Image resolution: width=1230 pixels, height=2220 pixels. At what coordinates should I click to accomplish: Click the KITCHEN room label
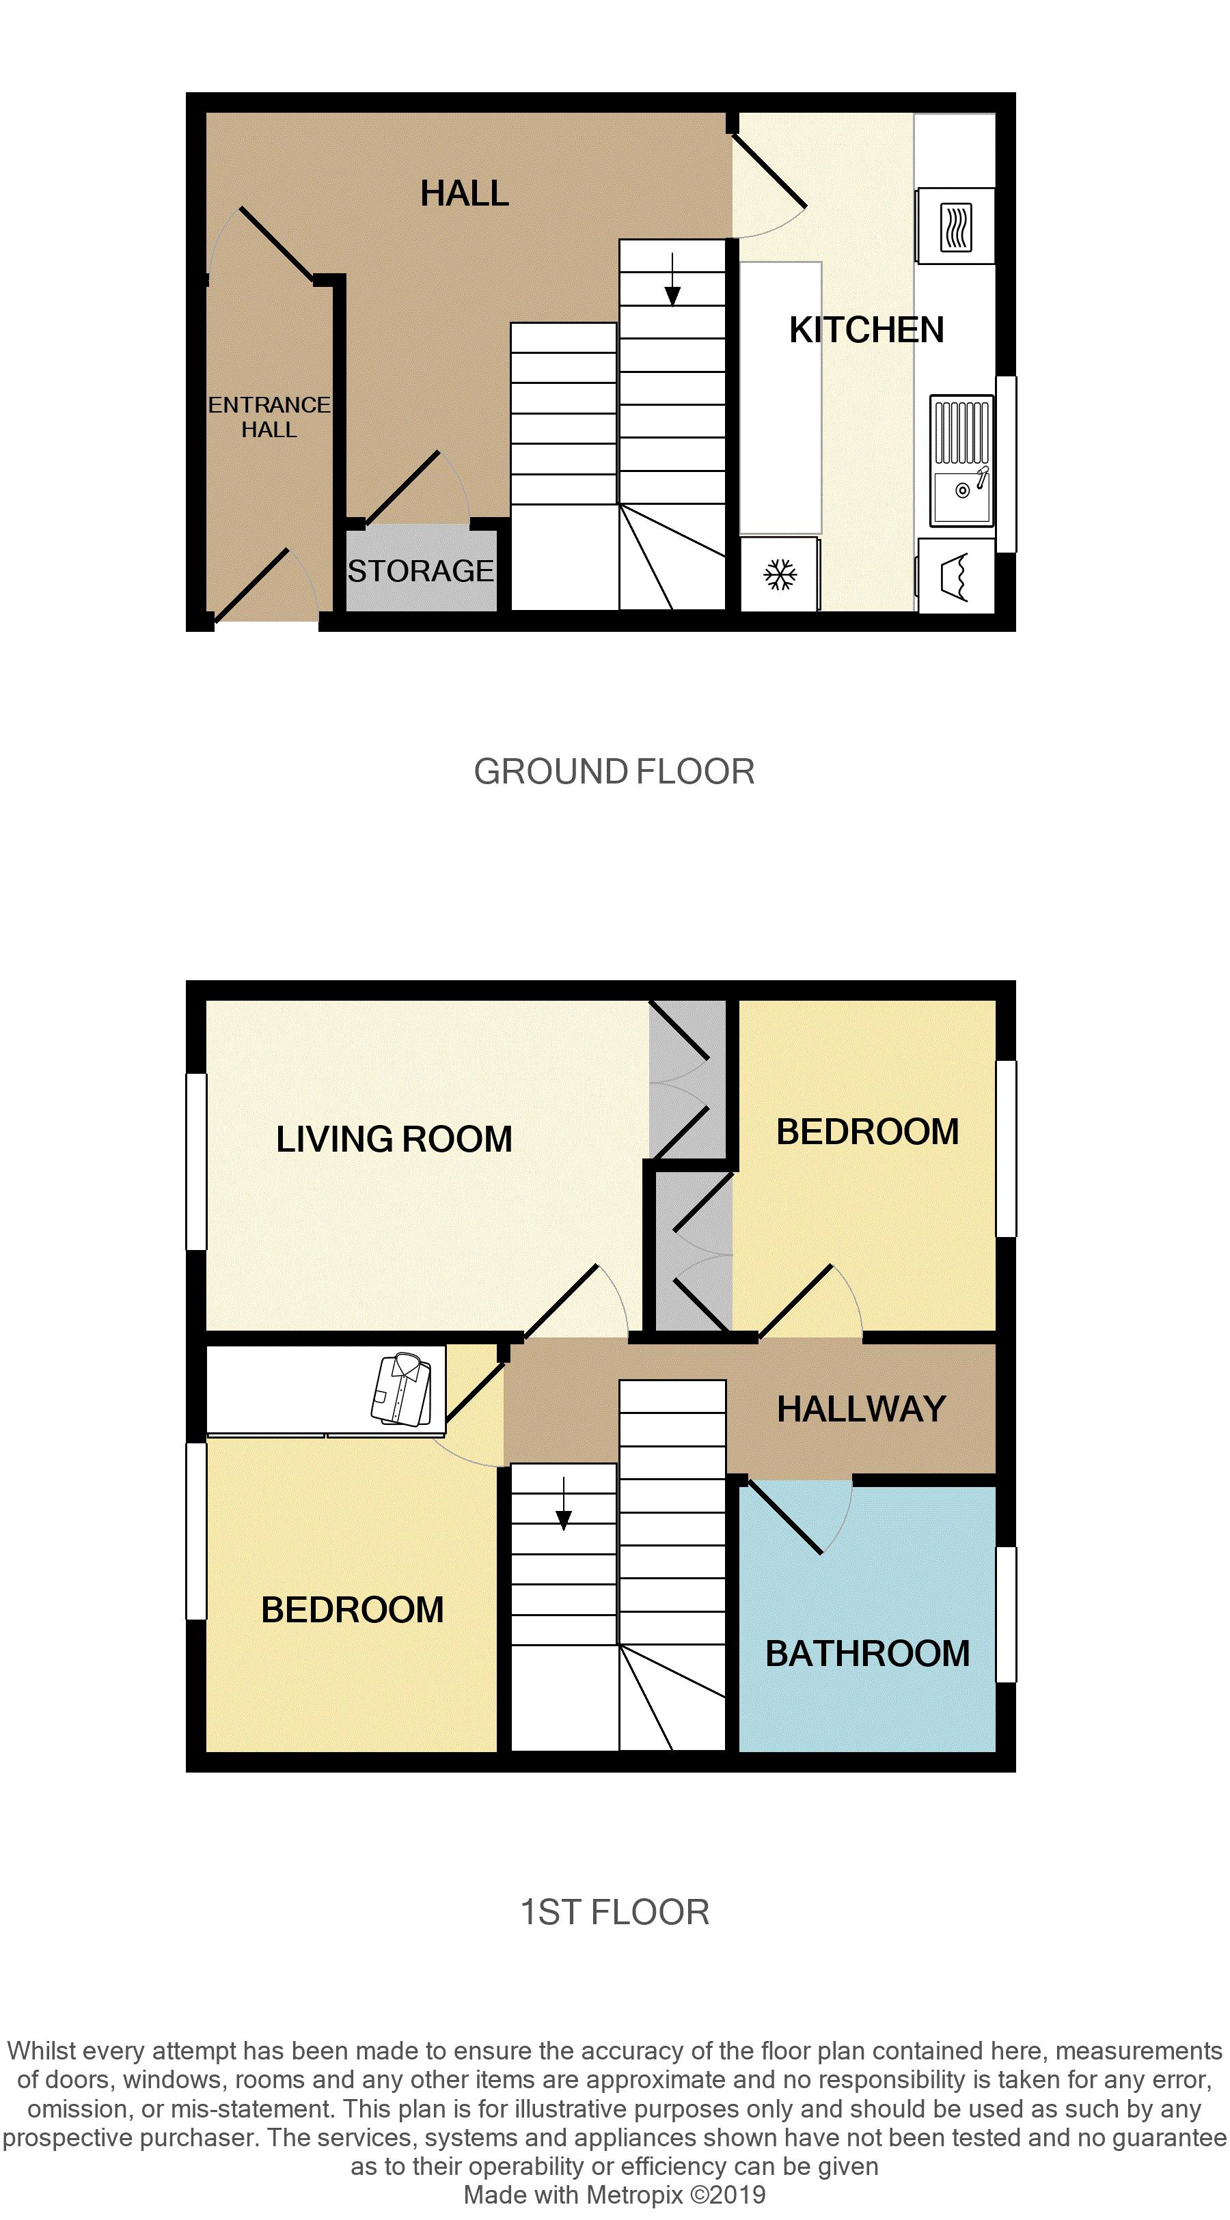(866, 330)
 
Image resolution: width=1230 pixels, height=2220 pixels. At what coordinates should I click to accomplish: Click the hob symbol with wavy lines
(955, 227)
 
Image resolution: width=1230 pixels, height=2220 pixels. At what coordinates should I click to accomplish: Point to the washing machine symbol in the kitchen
(956, 577)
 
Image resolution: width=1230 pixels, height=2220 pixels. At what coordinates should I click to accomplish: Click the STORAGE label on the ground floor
(421, 571)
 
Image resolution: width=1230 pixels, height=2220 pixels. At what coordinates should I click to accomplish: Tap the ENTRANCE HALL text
(269, 417)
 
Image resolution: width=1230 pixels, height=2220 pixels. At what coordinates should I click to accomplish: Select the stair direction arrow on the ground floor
(672, 279)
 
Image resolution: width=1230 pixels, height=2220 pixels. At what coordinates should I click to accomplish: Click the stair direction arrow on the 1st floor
(564, 1504)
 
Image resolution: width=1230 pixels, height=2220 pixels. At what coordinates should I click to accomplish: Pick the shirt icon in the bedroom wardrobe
(402, 1389)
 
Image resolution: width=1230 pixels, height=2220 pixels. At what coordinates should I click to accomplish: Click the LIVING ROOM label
(394, 1139)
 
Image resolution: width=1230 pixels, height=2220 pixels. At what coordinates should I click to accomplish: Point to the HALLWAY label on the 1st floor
(861, 1409)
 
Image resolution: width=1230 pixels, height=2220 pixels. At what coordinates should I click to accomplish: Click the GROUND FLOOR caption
(614, 771)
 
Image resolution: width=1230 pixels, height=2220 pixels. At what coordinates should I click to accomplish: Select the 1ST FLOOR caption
(614, 1913)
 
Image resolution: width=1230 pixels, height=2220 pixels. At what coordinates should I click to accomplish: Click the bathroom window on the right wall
(1006, 1614)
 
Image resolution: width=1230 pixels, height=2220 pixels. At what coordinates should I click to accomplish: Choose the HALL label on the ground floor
(465, 194)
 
